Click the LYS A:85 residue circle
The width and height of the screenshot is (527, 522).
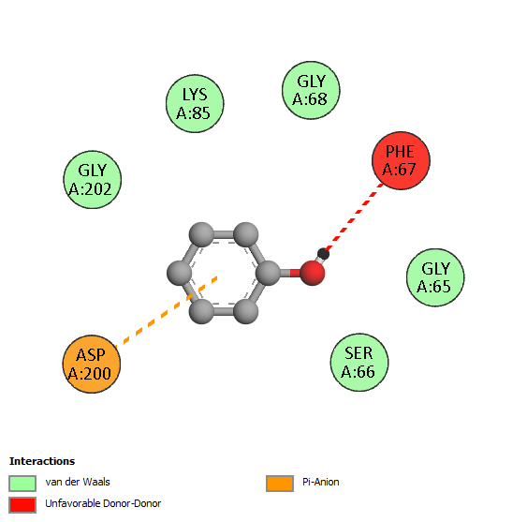coord(195,104)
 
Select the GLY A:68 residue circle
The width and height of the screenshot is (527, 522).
coord(311,90)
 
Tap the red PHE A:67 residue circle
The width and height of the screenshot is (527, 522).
coord(401,160)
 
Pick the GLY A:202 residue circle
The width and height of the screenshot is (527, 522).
coord(93,180)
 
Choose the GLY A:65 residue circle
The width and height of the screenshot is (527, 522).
coord(435,277)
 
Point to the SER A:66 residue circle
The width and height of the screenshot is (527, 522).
coord(359,363)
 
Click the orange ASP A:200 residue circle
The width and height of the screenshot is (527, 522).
coord(92,364)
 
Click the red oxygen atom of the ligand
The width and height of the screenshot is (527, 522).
coord(313,273)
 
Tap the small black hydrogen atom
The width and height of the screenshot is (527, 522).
coord(323,254)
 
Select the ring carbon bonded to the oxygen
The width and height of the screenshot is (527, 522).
coord(268,273)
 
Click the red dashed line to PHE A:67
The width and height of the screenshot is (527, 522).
coord(354,217)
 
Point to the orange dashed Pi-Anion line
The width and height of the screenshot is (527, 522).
coord(166,312)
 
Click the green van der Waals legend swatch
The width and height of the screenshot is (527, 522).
coord(22,484)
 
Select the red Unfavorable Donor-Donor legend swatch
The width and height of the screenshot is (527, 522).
coord(22,505)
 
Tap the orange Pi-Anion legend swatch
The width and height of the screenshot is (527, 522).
coord(280,484)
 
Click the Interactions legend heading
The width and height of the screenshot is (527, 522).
coord(42,461)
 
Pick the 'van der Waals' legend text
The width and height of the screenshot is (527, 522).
coord(78,482)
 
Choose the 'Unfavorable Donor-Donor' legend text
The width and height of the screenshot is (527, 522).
coord(103,503)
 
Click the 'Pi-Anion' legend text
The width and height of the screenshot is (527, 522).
coord(321,482)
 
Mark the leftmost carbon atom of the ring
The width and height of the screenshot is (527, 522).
coord(180,273)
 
